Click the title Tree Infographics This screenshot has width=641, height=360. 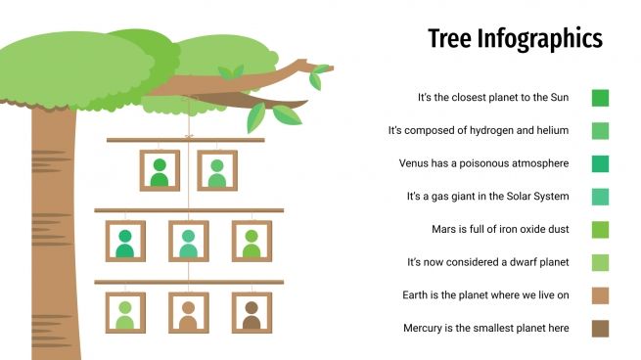click(515, 39)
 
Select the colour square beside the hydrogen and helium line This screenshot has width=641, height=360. click(600, 130)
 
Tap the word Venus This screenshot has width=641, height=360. click(414, 163)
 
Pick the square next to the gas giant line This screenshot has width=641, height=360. click(600, 197)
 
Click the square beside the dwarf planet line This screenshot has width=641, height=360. click(600, 262)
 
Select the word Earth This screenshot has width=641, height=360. click(417, 294)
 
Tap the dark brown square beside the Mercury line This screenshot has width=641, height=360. click(600, 328)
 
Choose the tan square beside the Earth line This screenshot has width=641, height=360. click(600, 294)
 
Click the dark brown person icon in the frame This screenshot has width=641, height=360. click(252, 314)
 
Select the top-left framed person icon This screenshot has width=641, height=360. click(160, 171)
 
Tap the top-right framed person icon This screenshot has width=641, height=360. click(217, 171)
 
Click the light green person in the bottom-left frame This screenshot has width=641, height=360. click(125, 314)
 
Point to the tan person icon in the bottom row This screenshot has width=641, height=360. click(188, 314)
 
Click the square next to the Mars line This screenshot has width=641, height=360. click(600, 229)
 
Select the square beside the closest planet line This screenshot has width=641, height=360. click(600, 97)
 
